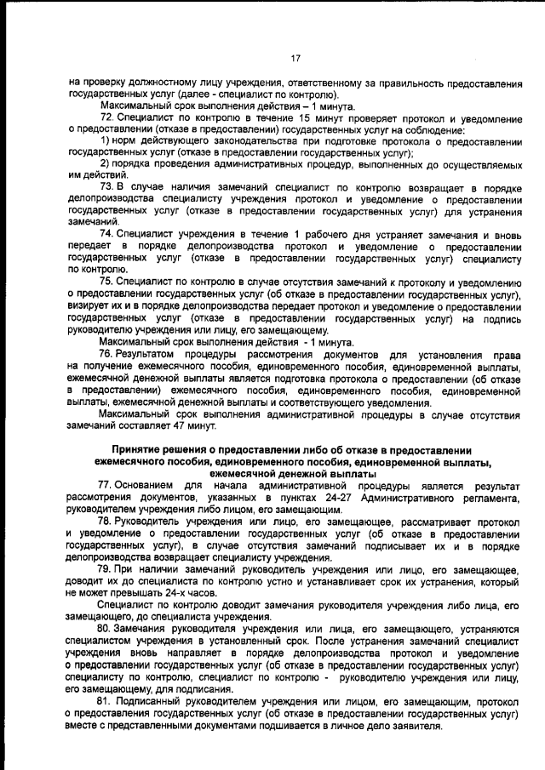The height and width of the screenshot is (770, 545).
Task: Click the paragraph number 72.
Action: tap(106, 116)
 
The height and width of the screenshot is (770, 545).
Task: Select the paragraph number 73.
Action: tap(106, 185)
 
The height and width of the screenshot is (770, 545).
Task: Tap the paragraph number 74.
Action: tap(106, 233)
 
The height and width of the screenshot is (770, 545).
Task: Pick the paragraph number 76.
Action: tap(106, 353)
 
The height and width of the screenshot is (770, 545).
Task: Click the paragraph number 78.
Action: tap(106, 520)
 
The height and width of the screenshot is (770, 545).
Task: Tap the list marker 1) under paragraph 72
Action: tap(106, 140)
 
